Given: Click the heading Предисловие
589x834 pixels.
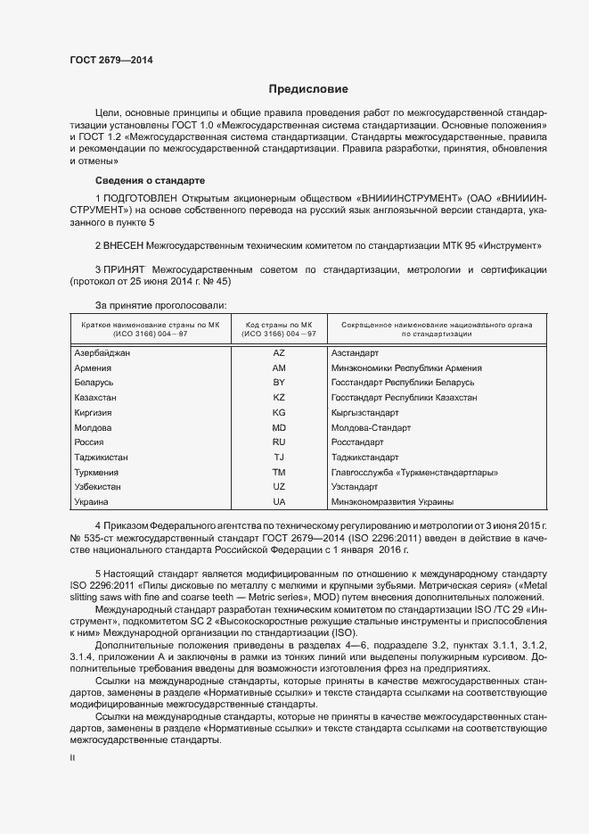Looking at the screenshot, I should pyautogui.click(x=309, y=89).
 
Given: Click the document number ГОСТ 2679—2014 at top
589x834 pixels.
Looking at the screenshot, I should pyautogui.click(x=111, y=60).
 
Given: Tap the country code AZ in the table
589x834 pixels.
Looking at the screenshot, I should pyautogui.click(x=279, y=352).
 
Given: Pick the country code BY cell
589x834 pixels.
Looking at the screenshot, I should pyautogui.click(x=279, y=382).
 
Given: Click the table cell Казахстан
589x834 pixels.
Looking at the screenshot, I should pyautogui.click(x=96, y=397).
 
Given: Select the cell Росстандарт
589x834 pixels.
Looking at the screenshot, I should pyautogui.click(x=357, y=442).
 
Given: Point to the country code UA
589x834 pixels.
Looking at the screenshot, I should pyautogui.click(x=279, y=502).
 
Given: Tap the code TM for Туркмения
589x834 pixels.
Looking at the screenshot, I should pyautogui.click(x=279, y=472).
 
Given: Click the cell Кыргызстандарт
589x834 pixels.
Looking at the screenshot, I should pyautogui.click(x=364, y=412).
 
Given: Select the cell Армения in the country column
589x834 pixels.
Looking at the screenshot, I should pyautogui.click(x=93, y=367).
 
